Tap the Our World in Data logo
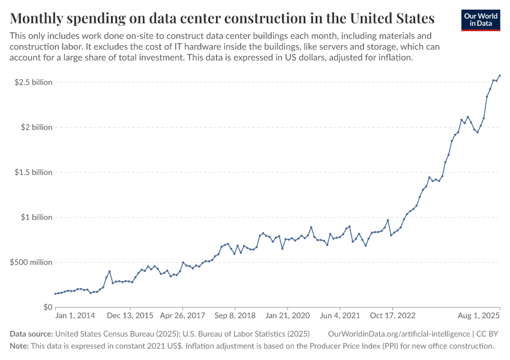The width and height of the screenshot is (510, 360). coord(480,20)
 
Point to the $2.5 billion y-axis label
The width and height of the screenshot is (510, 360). coord(34,82)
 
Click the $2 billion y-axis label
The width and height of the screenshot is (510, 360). coord(37,127)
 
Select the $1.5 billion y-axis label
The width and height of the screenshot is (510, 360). coord(34,172)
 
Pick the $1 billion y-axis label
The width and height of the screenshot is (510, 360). coord(37,217)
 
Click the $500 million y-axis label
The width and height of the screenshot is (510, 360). coord(31,262)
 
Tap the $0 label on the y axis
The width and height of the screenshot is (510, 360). coord(47,307)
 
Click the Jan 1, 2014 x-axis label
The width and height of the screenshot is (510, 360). coord(75,316)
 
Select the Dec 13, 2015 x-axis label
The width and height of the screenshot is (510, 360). coord(130,316)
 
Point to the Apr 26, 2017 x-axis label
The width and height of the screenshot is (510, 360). coord(182,316)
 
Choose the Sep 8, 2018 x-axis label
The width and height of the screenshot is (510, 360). coord(235,316)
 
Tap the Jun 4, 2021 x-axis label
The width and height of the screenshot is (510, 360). coord(340,316)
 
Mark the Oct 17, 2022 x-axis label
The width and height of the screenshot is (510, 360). coord(393,316)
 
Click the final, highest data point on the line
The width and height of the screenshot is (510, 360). coord(500,76)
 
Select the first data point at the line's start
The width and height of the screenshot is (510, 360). coord(55,294)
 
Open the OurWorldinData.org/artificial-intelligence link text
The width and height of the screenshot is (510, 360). coord(398,334)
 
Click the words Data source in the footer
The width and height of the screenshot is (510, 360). coord(31,334)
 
